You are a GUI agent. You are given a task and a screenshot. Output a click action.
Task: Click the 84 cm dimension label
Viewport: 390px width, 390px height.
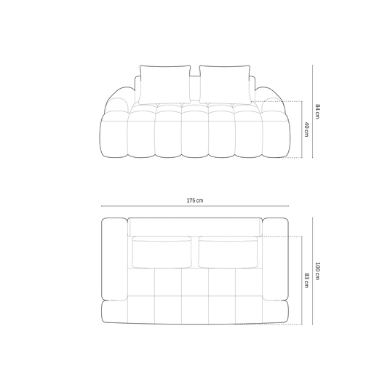pyautogui.click(x=317, y=111)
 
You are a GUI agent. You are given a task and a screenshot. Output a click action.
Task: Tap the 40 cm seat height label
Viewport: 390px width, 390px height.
pyautogui.click(x=306, y=130)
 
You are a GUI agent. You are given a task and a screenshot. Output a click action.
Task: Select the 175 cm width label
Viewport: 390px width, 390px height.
pyautogui.click(x=195, y=200)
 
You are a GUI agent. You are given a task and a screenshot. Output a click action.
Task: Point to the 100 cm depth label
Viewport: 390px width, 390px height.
pyautogui.click(x=317, y=271)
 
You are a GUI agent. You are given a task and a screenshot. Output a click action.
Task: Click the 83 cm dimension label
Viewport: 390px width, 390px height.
pyautogui.click(x=306, y=281)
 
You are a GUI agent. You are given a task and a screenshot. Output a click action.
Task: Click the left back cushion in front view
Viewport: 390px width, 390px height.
pyautogui.click(x=165, y=84)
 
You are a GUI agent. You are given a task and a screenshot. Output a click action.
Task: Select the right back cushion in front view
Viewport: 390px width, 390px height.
pyautogui.click(x=225, y=84)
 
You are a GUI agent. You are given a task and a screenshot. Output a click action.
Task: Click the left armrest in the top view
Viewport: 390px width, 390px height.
pyautogui.click(x=114, y=259)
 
